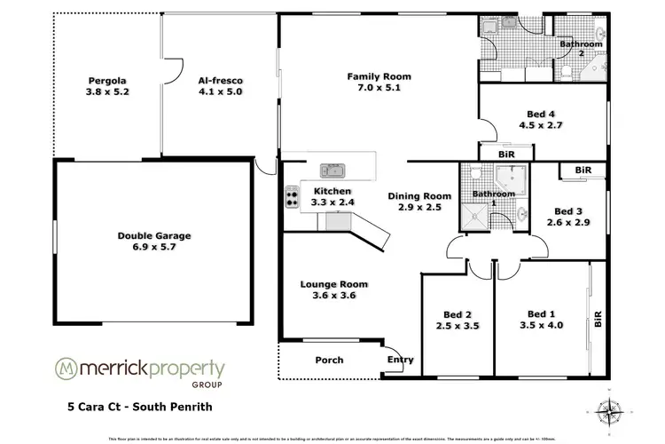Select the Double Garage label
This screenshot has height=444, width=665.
[154, 235]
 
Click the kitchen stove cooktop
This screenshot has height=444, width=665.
[291, 197]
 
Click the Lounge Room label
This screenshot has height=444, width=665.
[333, 284]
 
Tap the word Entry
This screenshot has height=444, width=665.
[400, 360]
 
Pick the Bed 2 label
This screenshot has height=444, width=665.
[457, 313]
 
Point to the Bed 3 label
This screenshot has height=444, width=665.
[568, 210]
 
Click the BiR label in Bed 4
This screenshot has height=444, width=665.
[506, 154]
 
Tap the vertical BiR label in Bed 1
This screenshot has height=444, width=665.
[598, 319]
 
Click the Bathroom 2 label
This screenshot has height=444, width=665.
[581, 48]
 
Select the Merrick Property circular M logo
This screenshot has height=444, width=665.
[65, 369]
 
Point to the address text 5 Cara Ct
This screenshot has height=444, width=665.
[98, 409]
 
